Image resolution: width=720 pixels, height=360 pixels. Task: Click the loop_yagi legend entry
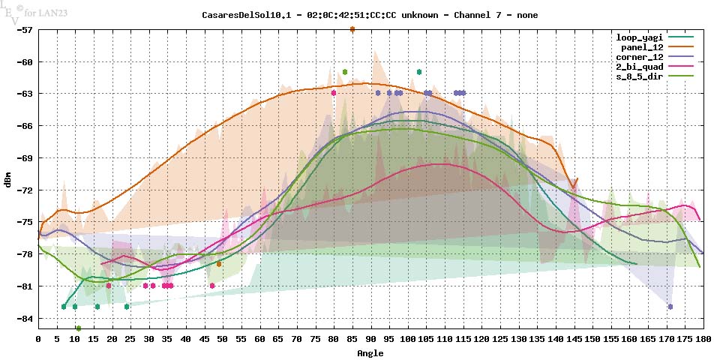(x=639, y=37)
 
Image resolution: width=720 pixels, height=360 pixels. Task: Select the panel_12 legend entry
(x=643, y=46)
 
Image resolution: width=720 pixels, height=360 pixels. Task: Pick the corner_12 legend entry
(x=639, y=56)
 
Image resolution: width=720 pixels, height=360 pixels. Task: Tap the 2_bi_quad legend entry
(x=639, y=66)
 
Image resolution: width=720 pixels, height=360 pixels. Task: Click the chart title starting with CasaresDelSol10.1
(x=370, y=15)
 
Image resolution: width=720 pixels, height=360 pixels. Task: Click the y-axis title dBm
(x=8, y=180)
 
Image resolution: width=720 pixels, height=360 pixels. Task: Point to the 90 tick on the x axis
(x=370, y=340)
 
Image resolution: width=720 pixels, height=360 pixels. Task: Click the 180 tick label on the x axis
(x=703, y=340)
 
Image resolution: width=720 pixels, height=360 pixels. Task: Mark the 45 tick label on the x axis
(x=204, y=340)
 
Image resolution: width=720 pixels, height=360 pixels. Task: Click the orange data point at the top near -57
(x=352, y=29)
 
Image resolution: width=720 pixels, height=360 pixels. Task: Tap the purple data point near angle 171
(x=670, y=307)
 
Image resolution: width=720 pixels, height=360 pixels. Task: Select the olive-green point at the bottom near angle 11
(x=79, y=328)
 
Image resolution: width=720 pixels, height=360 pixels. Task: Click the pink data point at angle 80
(x=334, y=93)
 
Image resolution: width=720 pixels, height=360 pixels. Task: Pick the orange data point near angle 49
(x=219, y=264)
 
